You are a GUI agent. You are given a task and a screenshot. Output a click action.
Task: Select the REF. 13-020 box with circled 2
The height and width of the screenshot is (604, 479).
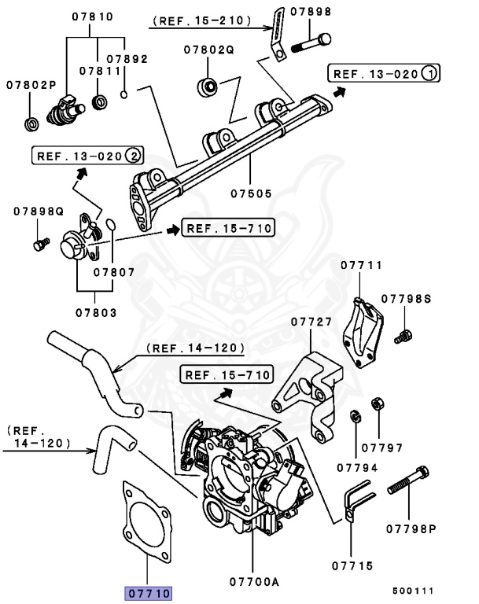(x=87, y=156)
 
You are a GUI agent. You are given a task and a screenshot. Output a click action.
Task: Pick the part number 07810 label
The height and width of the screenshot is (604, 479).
(x=92, y=16)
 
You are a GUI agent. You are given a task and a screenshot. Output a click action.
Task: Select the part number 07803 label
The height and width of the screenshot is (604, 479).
(x=96, y=312)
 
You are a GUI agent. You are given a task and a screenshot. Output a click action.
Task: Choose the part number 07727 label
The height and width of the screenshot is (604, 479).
(x=312, y=322)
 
